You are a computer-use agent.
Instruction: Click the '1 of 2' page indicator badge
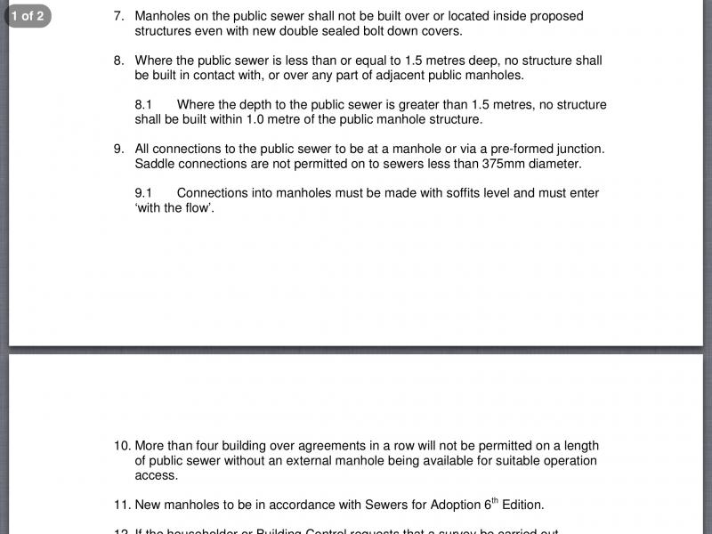click(x=28, y=15)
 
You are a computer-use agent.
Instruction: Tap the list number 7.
click(x=118, y=16)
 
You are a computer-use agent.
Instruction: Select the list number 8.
click(x=118, y=61)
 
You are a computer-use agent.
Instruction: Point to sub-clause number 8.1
click(x=144, y=105)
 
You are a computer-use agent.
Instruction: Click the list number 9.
click(x=118, y=149)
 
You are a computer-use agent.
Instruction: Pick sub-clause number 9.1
click(x=144, y=193)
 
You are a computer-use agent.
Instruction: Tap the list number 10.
click(x=122, y=446)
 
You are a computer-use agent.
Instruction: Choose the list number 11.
click(x=122, y=505)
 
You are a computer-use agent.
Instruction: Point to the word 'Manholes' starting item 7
click(x=163, y=16)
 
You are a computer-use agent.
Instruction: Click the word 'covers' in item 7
click(x=440, y=31)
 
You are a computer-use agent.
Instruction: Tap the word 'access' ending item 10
click(x=156, y=475)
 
